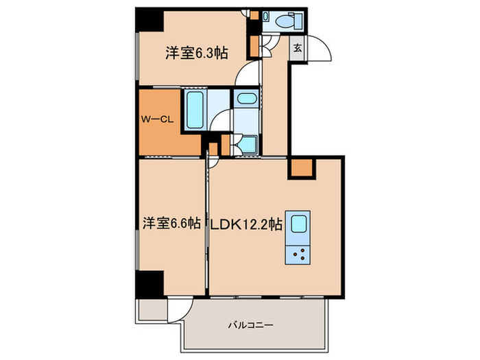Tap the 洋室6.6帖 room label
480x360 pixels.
tap(171, 223)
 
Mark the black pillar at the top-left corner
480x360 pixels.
tap(148, 19)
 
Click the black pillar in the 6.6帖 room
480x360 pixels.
tap(149, 283)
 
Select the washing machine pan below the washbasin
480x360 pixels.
tap(248, 145)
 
